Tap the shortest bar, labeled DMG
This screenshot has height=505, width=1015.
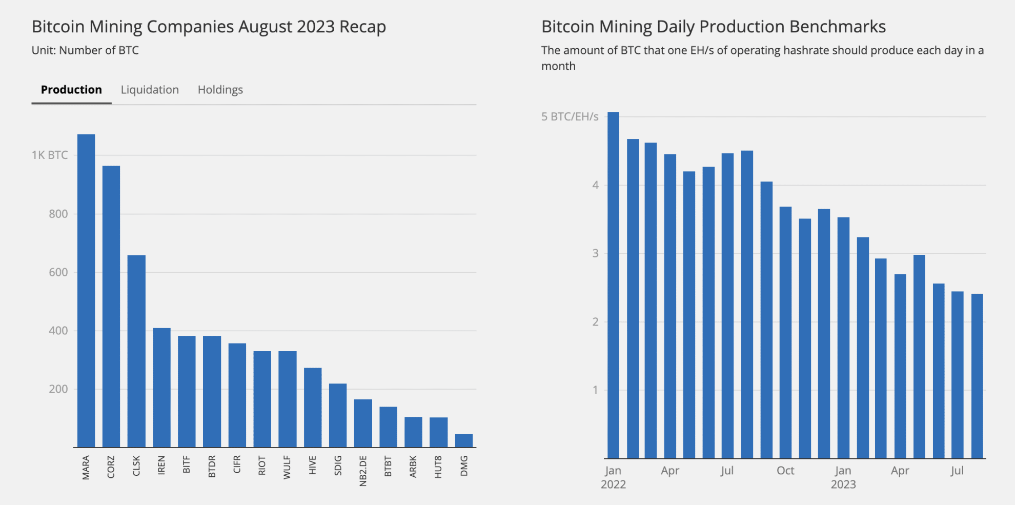[x=464, y=441]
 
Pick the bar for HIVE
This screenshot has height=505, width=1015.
[x=313, y=408]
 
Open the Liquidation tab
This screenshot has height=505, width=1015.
[x=150, y=90]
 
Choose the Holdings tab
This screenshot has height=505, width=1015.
[x=220, y=90]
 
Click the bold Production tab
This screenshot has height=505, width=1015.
[x=71, y=90]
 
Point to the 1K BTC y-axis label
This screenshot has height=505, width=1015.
[x=50, y=155]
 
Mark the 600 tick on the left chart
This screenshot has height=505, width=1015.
[x=58, y=272]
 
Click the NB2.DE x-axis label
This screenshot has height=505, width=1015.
[x=363, y=471]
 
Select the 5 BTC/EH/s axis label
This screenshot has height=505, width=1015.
[x=570, y=116]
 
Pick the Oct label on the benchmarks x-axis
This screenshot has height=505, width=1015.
[x=785, y=471]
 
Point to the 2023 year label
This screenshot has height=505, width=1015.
[x=843, y=484]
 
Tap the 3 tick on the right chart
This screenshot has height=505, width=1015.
[x=595, y=253]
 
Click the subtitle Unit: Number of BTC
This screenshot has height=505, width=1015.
[x=85, y=50]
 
